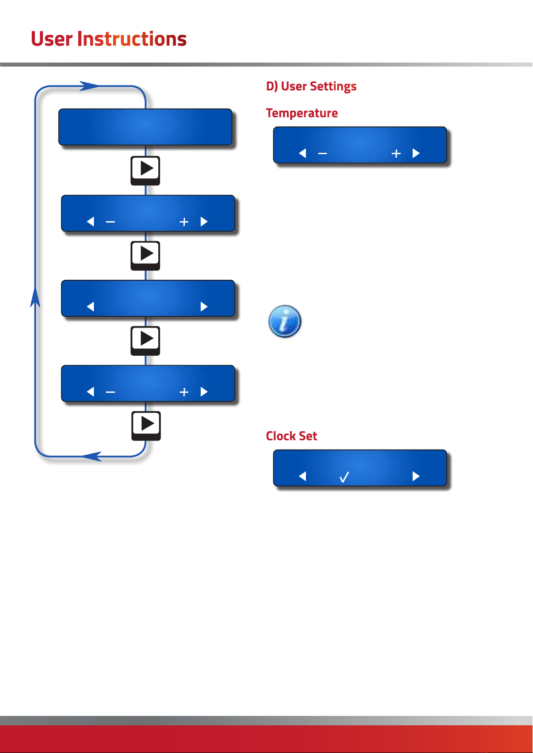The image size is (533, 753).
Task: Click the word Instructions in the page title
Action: [x=132, y=39]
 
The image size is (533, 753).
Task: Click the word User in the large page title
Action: [x=51, y=39]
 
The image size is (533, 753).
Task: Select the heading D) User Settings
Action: [x=311, y=86]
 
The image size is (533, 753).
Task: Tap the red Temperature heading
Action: [x=302, y=113]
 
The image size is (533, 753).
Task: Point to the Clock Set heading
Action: [x=291, y=436]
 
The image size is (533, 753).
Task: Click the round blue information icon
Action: [x=285, y=321]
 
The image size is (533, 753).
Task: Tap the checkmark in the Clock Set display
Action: [x=344, y=477]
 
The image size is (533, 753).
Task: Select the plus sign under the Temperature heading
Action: [x=396, y=154]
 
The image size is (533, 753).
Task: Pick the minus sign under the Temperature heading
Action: [x=322, y=154]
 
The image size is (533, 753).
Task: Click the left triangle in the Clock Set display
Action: [x=302, y=476]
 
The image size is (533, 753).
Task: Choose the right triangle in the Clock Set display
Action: [x=416, y=476]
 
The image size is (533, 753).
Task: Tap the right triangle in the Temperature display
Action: [x=416, y=153]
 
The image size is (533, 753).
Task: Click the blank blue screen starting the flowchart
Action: [x=145, y=127]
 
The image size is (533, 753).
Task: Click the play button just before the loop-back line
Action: [x=146, y=425]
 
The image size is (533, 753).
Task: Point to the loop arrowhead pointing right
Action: [x=89, y=86]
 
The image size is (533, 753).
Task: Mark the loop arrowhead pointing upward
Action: [x=35, y=297]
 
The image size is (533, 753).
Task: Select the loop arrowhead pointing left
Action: [x=92, y=456]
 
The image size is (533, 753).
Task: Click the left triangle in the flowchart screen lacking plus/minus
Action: [x=90, y=307]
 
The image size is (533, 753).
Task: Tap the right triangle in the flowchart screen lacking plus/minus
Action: [x=204, y=307]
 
